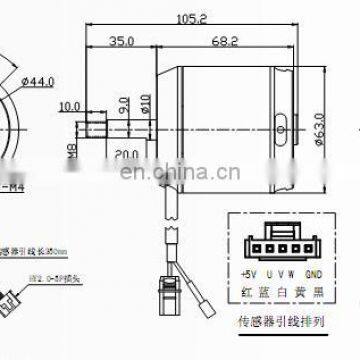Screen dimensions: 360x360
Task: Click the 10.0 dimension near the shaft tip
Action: click(x=70, y=105)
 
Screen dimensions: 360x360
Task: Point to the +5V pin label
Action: click(x=251, y=273)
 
